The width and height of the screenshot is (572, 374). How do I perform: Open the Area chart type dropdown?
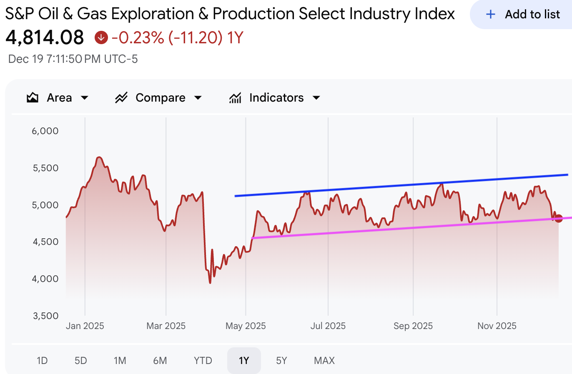pos(58,98)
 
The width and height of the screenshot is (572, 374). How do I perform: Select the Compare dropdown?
pos(158,98)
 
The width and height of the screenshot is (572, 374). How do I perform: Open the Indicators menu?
pos(275,98)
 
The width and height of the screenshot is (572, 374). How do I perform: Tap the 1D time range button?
pos(42,361)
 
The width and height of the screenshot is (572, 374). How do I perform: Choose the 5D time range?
pos(81,361)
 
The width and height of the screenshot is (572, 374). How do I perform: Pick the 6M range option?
pos(160,361)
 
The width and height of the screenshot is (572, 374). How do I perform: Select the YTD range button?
pos(203,361)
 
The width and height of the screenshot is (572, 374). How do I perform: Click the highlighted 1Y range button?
pos(244,361)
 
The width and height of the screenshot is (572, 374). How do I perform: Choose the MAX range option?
pos(324,361)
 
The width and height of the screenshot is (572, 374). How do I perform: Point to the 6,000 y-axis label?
pos(45,131)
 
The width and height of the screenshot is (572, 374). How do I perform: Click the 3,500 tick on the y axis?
pos(45,316)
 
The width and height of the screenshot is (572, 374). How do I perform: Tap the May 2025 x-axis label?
pos(246,326)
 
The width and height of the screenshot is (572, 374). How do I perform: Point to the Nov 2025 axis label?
pos(497,326)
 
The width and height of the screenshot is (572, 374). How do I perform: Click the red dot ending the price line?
pos(559,218)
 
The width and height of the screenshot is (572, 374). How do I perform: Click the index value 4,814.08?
pos(45,38)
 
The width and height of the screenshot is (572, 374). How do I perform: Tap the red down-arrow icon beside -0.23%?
pos(101,38)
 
